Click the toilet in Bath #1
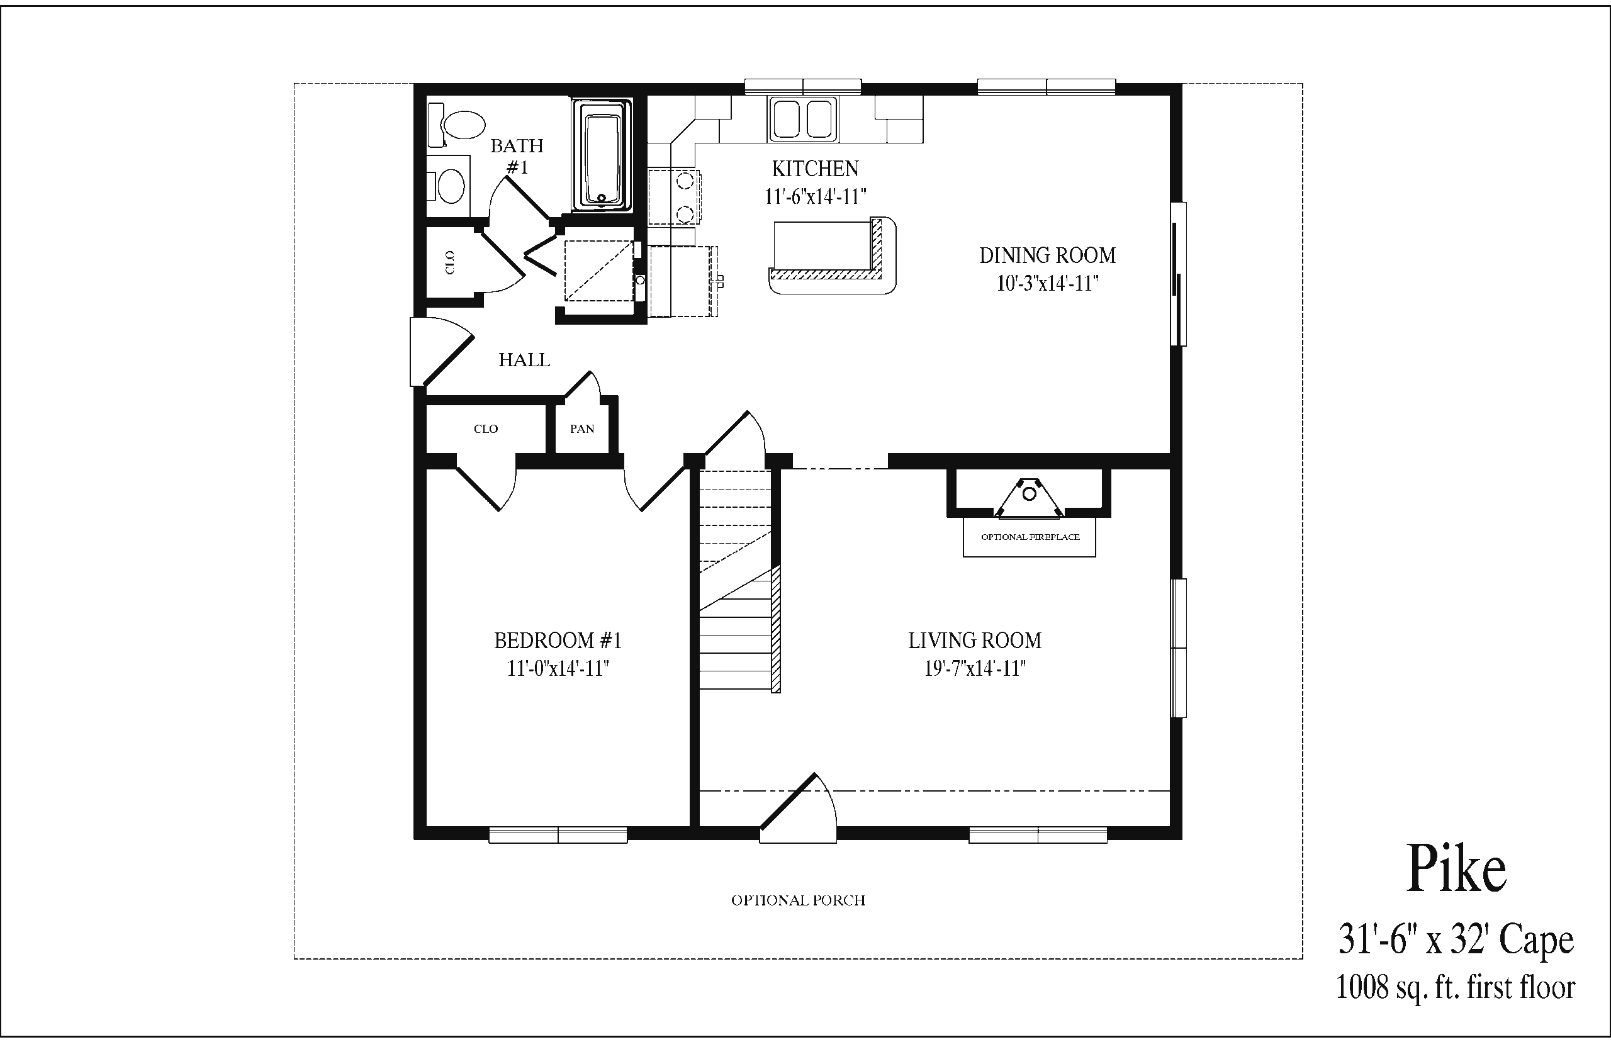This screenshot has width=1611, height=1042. click(457, 125)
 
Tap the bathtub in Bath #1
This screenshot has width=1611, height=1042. click(602, 155)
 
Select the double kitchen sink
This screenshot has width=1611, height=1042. click(802, 119)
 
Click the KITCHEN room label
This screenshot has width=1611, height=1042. click(816, 169)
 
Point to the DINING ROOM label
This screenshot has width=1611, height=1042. click(1047, 255)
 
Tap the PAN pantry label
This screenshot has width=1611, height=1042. click(582, 429)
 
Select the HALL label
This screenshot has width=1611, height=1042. click(524, 359)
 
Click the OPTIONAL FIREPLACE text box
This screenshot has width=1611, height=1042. click(1030, 537)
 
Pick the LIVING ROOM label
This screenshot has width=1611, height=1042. click(975, 640)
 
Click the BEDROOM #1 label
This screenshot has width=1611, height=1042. click(558, 640)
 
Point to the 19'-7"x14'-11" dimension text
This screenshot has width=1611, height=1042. click(975, 668)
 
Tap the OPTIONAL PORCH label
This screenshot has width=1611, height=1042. click(799, 900)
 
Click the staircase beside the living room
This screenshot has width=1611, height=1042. click(739, 581)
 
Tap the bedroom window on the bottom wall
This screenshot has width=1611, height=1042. click(558, 835)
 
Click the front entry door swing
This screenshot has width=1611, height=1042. click(799, 808)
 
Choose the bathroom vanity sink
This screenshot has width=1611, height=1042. click(449, 184)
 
